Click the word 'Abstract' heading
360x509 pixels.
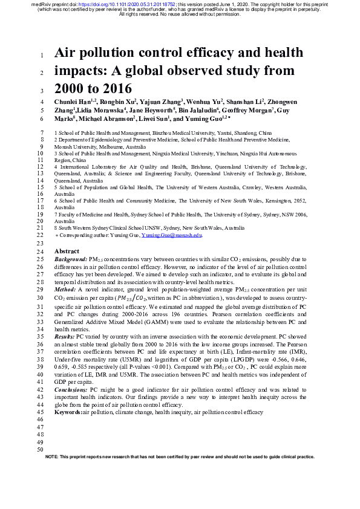(x=67, y=251)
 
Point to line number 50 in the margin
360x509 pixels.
(x=40, y=450)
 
